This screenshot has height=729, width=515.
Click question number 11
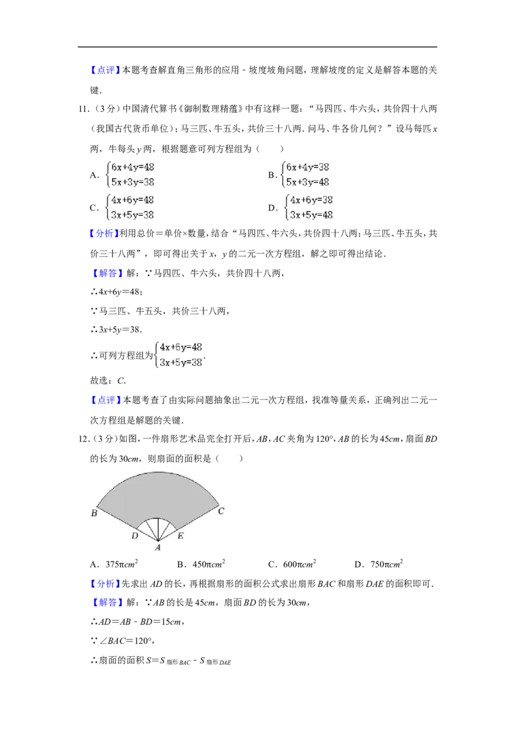[84, 109]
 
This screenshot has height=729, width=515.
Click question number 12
[84, 439]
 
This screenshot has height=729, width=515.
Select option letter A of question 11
[94, 175]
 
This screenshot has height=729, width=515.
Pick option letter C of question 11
[94, 208]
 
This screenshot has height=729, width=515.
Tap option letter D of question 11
[272, 208]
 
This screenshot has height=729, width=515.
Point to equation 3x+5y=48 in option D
[312, 215]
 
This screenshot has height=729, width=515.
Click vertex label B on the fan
[95, 513]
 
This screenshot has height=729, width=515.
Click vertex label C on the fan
[221, 511]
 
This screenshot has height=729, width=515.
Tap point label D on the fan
[135, 536]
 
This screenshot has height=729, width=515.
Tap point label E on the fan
[180, 536]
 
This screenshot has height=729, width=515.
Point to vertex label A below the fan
[158, 547]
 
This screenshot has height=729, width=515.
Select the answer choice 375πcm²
[122, 564]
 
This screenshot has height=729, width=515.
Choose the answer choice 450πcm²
[209, 564]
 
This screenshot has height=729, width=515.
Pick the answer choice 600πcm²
[299, 564]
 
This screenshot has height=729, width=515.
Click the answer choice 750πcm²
[387, 564]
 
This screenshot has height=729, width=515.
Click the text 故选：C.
[108, 381]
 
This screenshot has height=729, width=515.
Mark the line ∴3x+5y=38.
[117, 330]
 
